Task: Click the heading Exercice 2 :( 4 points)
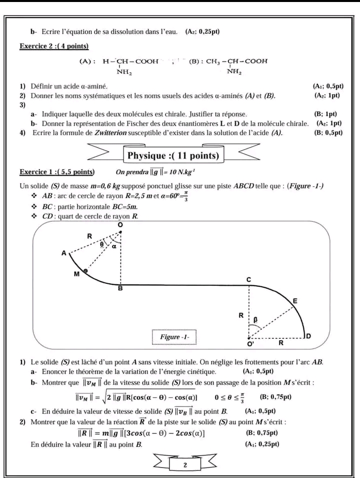coord(54,47)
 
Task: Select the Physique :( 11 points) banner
coord(173,156)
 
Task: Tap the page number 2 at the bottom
coord(185,464)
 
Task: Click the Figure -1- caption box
coord(174,337)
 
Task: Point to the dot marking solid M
coord(85,271)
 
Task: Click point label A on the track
coord(63,253)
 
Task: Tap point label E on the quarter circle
coord(295,301)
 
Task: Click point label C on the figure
coord(248,279)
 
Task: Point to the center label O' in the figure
coord(249,344)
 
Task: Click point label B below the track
coord(120,289)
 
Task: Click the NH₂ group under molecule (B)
coord(234,72)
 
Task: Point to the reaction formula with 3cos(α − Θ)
coord(141,433)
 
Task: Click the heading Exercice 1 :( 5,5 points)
coord(56,172)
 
